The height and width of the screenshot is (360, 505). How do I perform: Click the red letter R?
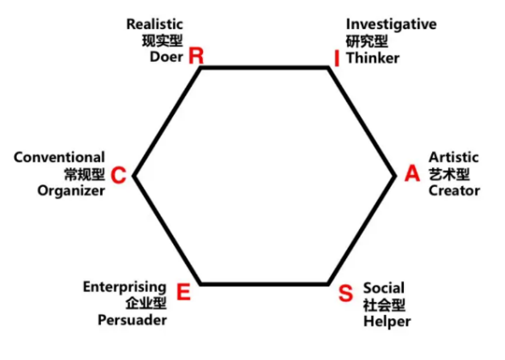[196, 55]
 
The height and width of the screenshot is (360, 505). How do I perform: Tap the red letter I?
[337, 59]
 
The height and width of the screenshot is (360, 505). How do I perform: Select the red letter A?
[412, 173]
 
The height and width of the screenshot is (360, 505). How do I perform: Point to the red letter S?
[345, 293]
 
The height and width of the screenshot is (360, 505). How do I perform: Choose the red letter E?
[183, 292]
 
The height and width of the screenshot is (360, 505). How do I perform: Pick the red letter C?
[118, 176]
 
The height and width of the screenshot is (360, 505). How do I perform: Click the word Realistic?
[154, 24]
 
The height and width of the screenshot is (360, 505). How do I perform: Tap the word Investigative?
[391, 25]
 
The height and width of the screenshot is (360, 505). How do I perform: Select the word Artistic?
[453, 157]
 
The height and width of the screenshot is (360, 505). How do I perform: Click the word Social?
[384, 288]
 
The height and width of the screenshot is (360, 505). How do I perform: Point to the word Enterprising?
[125, 287]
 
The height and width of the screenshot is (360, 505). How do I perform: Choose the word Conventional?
[59, 157]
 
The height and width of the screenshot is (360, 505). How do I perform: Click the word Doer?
[166, 57]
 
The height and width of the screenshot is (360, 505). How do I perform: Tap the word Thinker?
[373, 58]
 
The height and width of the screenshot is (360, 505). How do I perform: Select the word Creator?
[454, 190]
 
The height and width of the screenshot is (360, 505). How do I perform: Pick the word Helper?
[387, 322]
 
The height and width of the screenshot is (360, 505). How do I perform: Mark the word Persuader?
[132, 320]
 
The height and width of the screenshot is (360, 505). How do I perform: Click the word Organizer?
[71, 191]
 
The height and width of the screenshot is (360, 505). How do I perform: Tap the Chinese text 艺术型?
[449, 174]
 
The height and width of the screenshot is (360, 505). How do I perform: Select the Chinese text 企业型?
[146, 303]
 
